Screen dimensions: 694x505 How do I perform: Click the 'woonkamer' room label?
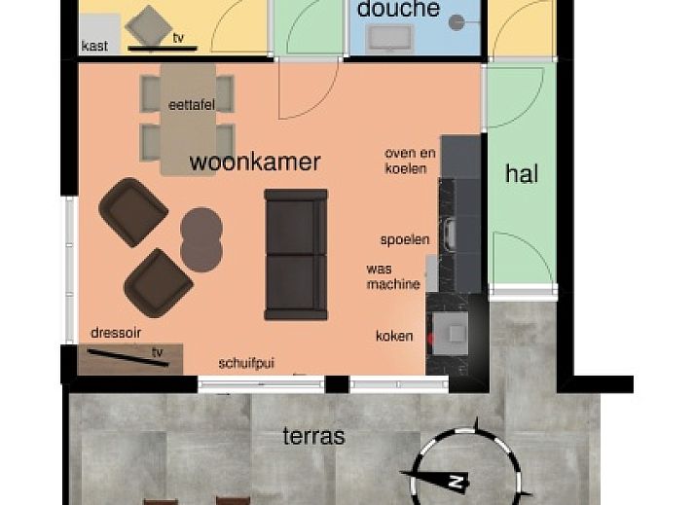255,162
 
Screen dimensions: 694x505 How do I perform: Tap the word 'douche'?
398,9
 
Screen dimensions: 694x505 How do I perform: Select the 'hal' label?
522,173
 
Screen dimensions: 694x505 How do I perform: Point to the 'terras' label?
313,436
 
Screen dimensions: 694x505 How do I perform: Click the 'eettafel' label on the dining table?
192,105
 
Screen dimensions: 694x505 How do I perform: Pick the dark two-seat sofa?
296,255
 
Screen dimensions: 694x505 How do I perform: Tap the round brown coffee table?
201,239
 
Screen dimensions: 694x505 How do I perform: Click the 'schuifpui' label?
246,363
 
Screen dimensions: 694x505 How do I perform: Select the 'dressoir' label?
116,333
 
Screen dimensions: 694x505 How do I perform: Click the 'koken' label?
394,336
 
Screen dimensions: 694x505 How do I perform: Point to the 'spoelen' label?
405,240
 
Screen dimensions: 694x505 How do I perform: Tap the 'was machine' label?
393,276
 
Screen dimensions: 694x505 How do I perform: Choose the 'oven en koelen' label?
411,162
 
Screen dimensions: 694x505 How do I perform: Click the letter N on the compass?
455,481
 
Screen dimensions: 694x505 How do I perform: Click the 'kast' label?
94,46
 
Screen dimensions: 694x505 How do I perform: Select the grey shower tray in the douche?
389,39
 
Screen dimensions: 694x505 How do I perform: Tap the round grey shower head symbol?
457,22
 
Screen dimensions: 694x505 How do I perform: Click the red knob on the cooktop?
429,340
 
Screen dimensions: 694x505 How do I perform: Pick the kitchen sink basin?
451,234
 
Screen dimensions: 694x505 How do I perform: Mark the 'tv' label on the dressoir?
158,353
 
